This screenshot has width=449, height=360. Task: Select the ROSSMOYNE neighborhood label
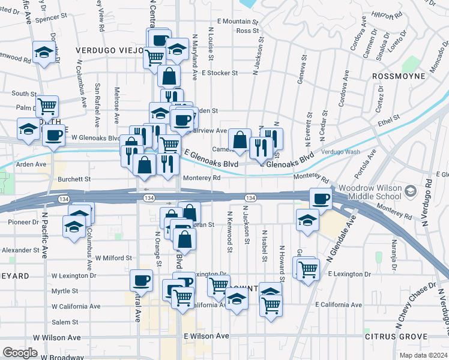click(x=399, y=76)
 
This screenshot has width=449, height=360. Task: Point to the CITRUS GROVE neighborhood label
click(x=396, y=337)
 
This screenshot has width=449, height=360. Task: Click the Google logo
click(x=20, y=352)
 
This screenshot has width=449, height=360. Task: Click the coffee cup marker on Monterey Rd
click(x=320, y=199)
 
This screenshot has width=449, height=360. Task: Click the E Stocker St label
click(x=220, y=73)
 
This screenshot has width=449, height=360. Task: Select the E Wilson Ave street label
click(x=206, y=336)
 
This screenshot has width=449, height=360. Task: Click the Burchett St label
click(x=74, y=179)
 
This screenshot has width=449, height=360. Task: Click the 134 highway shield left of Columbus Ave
click(x=63, y=198)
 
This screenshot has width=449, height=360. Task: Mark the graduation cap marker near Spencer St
click(x=44, y=53)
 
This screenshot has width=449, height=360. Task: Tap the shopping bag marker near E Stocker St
click(x=169, y=76)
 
